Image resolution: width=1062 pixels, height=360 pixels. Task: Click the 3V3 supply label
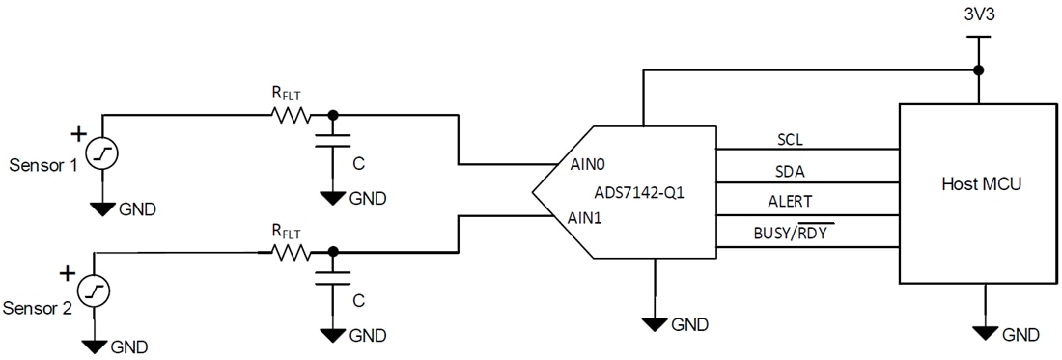[978, 17]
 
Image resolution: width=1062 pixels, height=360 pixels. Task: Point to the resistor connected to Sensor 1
[291, 115]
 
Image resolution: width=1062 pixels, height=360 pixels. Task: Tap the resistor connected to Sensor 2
[291, 253]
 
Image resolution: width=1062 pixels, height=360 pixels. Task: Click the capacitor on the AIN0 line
[333, 141]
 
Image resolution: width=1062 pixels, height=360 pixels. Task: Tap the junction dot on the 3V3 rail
[978, 70]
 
